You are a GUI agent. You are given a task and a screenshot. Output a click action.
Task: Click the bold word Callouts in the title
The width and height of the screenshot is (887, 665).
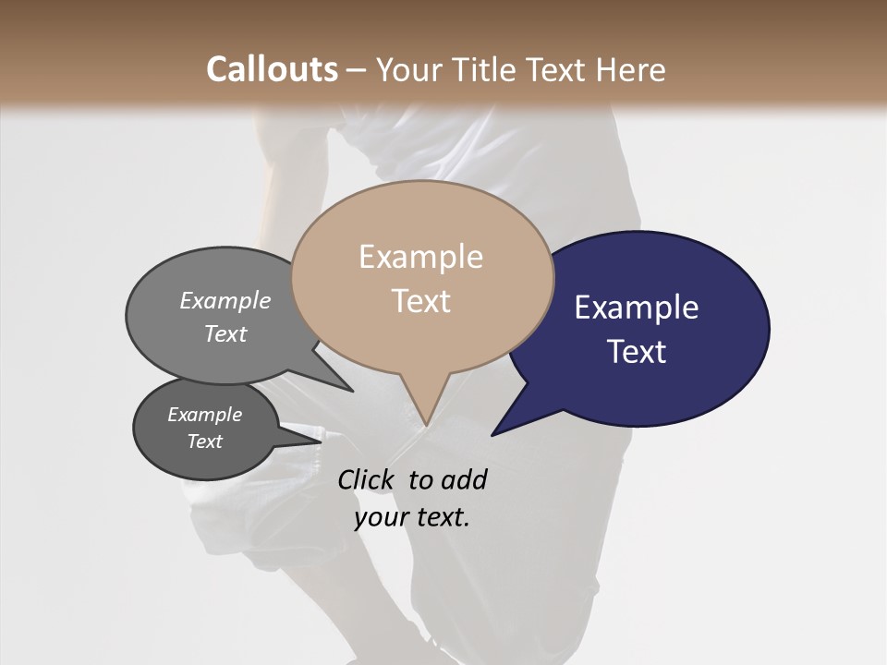272,69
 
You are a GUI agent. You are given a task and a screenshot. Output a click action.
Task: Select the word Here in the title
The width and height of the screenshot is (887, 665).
631,69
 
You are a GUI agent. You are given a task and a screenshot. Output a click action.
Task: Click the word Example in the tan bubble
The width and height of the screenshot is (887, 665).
420,257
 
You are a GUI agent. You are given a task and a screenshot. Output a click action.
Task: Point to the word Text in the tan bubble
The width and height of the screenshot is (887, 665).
421,300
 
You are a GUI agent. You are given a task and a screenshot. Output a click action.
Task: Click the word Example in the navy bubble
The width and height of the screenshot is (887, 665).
637,308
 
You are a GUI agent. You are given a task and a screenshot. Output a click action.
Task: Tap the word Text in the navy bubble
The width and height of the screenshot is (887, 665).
638,351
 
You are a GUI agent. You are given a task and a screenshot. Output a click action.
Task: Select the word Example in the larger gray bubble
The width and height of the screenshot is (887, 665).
225,300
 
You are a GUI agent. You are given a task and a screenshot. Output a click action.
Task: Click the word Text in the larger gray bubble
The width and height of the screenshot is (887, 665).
225,333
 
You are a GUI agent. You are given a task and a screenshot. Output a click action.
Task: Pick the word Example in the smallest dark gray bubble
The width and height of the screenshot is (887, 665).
204,415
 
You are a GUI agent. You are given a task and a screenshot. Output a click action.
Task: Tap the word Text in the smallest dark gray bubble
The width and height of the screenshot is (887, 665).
204,441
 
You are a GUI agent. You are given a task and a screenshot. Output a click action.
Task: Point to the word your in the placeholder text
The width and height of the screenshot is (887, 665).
380,517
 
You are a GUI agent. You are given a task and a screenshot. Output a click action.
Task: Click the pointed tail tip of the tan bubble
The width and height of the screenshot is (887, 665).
425,425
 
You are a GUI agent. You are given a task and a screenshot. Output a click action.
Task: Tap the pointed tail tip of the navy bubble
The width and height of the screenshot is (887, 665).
492,435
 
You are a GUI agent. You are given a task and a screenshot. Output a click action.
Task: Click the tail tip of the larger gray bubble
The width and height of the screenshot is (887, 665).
353,392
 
